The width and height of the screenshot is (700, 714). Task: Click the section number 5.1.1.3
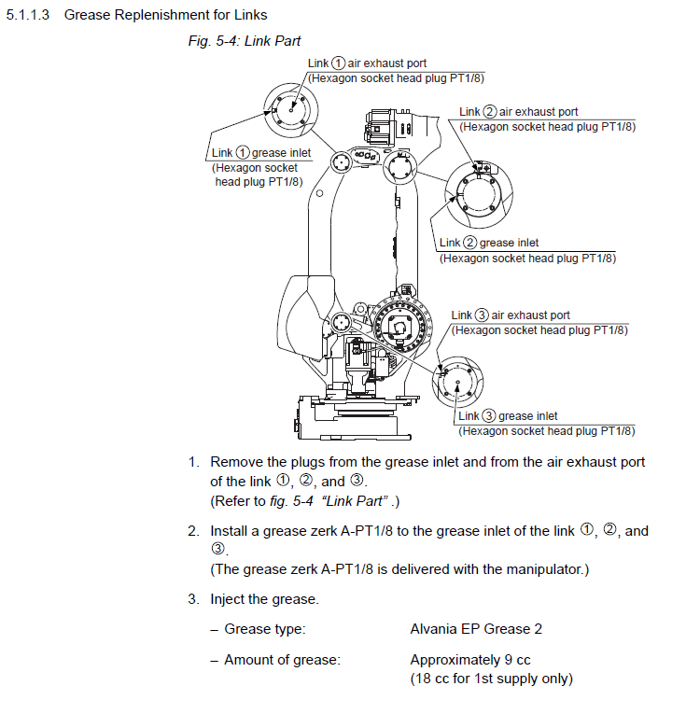[28, 15]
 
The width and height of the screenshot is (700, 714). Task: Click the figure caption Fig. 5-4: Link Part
[243, 43]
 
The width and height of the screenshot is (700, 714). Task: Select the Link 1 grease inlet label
[261, 153]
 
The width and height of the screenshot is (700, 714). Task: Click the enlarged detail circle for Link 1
[291, 110]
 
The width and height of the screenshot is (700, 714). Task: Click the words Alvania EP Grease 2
[476, 629]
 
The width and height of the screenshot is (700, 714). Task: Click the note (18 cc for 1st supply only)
[491, 679]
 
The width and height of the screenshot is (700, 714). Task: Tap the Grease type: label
[264, 629]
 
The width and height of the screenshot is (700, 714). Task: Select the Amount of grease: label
[282, 660]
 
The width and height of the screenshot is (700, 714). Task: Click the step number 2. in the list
[193, 531]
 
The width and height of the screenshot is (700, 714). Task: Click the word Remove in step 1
[236, 462]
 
